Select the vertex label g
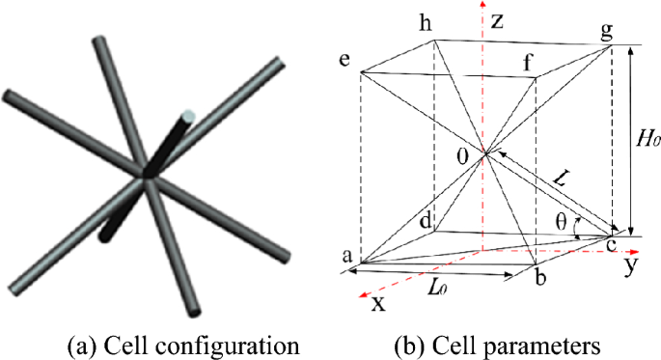[609, 29]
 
